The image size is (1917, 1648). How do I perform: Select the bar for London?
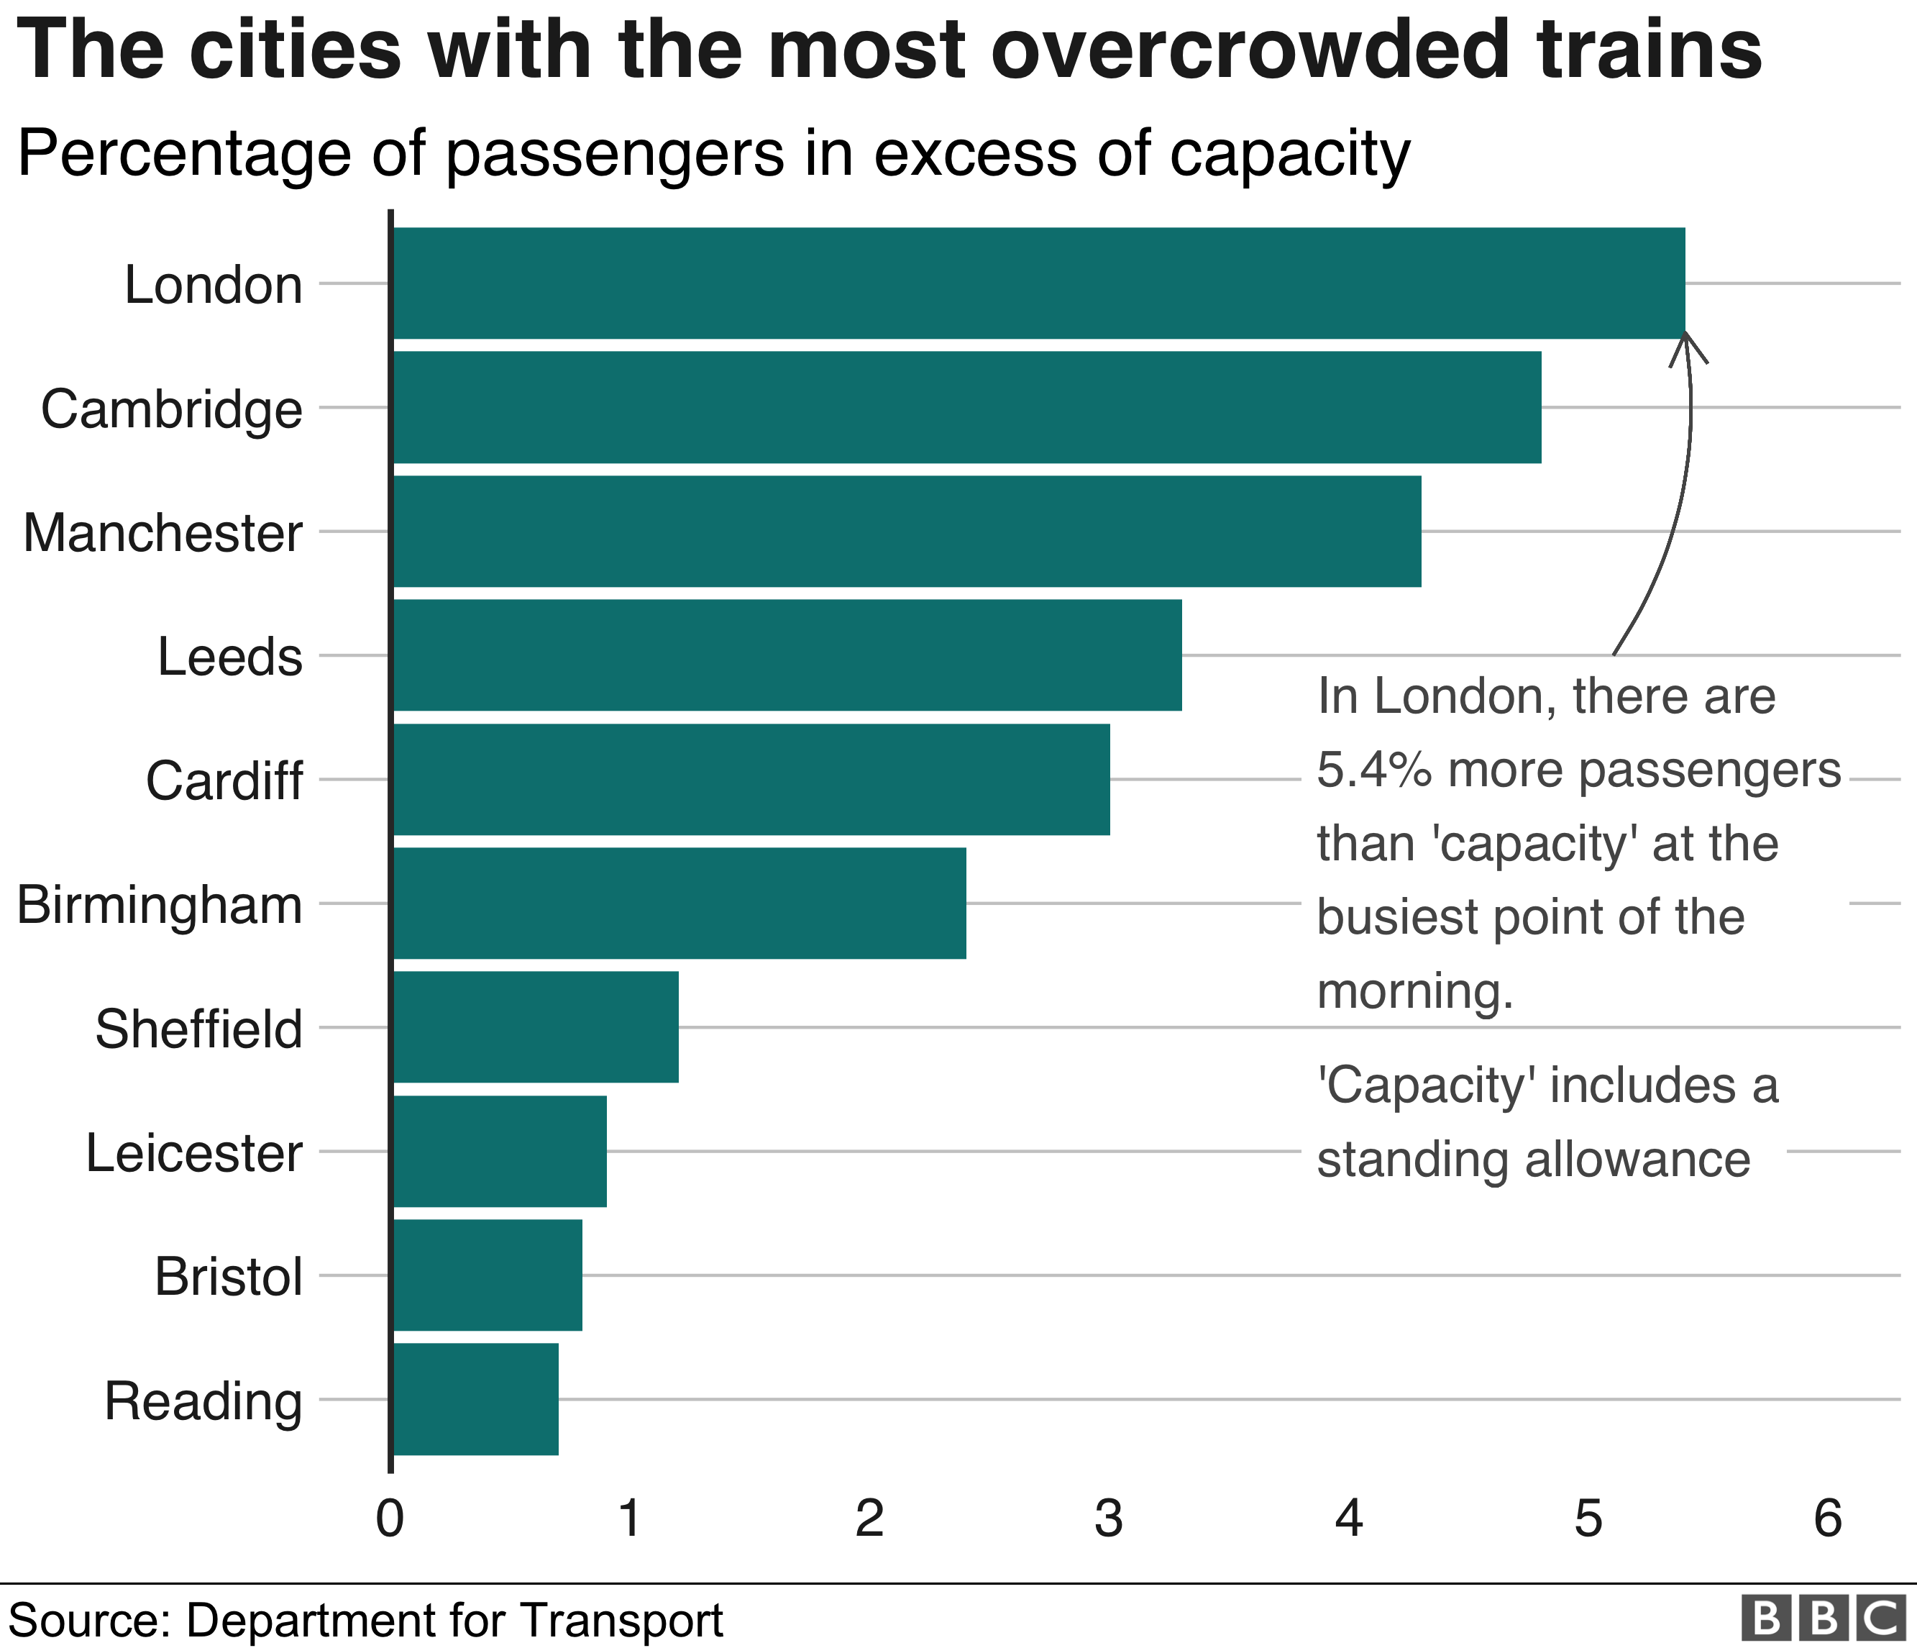tap(1038, 283)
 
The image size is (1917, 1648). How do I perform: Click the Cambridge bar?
tap(967, 407)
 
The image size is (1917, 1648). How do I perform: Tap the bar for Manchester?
tap(907, 531)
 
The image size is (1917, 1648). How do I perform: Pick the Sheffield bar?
tap(536, 1026)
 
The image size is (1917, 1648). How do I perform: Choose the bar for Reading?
tap(475, 1398)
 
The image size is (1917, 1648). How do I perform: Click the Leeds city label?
tap(229, 657)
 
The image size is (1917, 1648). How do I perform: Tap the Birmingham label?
tap(159, 905)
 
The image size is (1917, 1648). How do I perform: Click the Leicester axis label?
tap(194, 1153)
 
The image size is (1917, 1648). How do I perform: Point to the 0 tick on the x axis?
tap(390, 1518)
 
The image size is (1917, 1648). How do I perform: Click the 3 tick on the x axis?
tap(1108, 1518)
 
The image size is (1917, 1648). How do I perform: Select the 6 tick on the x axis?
tap(1827, 1518)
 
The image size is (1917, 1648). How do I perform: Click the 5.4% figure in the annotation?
tap(1375, 770)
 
